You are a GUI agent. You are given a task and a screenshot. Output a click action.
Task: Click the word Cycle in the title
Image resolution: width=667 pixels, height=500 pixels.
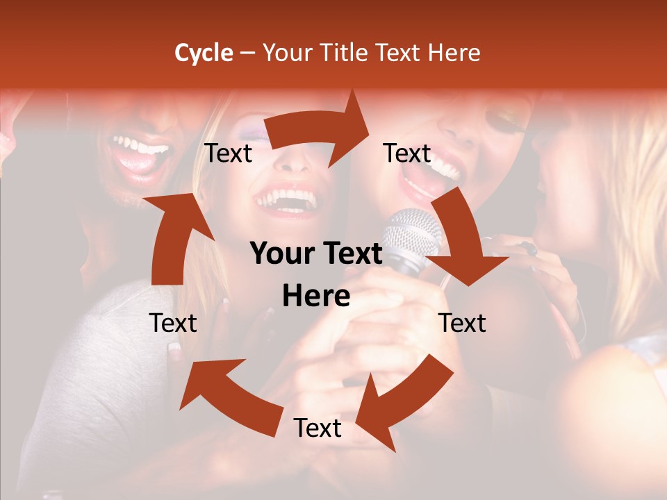[x=204, y=53]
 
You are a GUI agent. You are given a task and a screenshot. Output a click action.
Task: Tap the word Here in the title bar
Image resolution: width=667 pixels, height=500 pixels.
[x=454, y=53]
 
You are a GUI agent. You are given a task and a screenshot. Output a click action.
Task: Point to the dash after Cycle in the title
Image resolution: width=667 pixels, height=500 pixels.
[x=247, y=53]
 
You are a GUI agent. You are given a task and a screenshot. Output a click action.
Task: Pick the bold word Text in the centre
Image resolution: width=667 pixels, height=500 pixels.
[x=351, y=254]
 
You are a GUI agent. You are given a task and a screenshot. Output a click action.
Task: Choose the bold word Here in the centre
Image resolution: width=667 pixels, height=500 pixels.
[x=316, y=296]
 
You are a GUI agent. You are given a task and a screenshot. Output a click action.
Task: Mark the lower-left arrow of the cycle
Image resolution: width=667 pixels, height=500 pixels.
[x=222, y=396]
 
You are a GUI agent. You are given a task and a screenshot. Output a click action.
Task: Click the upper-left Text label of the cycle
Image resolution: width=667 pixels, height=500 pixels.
[x=228, y=153]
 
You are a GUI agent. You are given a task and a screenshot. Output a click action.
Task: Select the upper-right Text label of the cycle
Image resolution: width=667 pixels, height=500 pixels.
[x=407, y=153]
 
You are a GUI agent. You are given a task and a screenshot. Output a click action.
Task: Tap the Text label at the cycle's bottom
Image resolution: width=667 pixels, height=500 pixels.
[x=318, y=428]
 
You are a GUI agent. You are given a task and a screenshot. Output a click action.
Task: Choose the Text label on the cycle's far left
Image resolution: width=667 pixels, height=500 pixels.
[x=173, y=323]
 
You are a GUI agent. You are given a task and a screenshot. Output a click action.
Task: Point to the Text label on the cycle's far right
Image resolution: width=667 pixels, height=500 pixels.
[x=462, y=323]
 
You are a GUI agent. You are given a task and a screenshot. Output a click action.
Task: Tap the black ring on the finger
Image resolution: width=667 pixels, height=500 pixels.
[x=530, y=249]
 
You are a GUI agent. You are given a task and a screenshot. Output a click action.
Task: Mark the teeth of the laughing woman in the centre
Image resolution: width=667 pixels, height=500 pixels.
[x=286, y=198]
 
